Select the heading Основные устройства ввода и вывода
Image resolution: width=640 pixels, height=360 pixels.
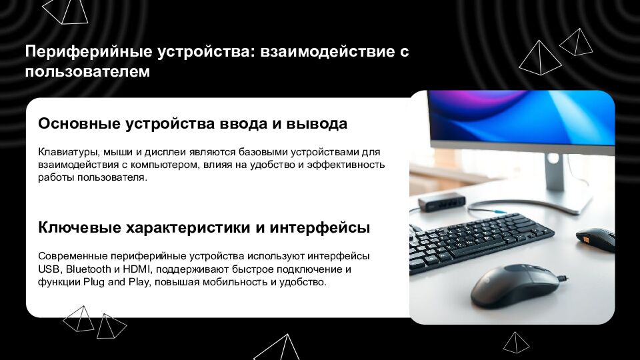(x=193, y=124)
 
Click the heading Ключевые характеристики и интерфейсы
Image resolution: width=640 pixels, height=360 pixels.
(x=204, y=228)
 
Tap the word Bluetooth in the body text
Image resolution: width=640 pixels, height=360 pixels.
(x=88, y=269)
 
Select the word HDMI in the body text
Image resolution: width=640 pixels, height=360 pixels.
(x=137, y=269)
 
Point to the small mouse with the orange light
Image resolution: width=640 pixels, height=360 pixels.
(x=595, y=239)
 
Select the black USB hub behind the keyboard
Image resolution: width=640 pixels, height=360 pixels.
(x=441, y=201)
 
